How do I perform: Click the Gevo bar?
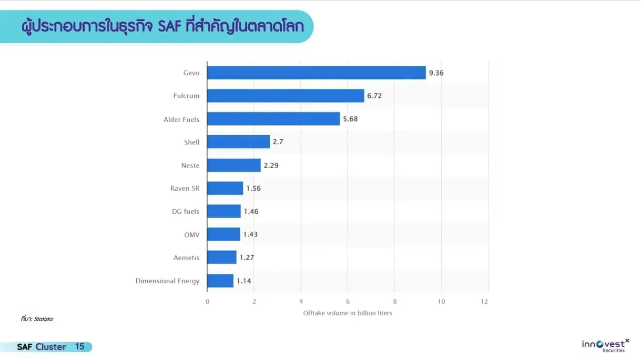point(317,73)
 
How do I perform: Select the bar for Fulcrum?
point(286,96)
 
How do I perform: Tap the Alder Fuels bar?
point(273,119)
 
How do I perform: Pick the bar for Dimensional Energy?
point(220,281)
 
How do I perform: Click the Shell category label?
point(192,142)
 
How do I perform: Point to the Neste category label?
point(190,166)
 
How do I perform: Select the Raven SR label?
point(185,189)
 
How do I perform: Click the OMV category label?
point(192,235)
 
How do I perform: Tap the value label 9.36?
point(436,73)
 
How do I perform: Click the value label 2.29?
point(271,166)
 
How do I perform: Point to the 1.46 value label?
point(251,212)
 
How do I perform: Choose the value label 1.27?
point(247,258)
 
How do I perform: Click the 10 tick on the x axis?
point(441,301)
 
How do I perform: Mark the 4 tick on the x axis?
point(301,301)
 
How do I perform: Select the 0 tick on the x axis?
point(208,301)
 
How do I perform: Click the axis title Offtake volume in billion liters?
point(348,313)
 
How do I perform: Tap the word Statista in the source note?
point(43,319)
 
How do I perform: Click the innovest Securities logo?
point(605,345)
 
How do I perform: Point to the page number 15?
point(80,346)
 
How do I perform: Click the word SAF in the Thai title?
point(170,26)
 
